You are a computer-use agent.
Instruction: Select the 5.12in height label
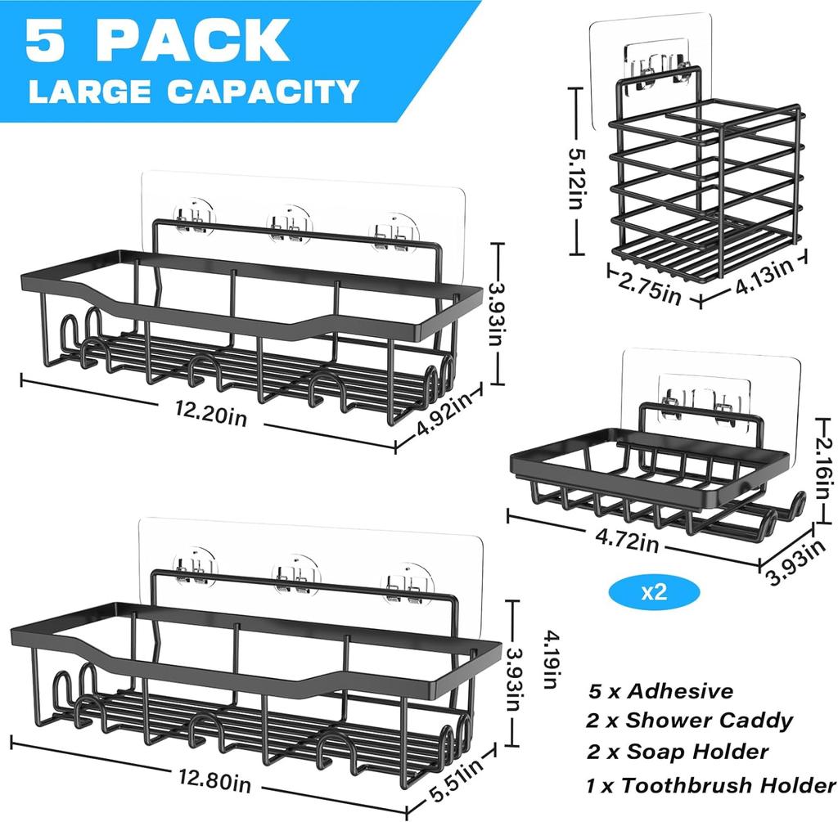(x=576, y=177)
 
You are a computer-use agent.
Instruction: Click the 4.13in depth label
(x=764, y=277)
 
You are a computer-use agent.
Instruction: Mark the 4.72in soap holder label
(x=627, y=540)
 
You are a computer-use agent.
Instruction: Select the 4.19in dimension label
(x=551, y=660)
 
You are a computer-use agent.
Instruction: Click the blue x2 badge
(x=654, y=592)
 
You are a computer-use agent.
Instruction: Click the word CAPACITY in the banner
(x=263, y=92)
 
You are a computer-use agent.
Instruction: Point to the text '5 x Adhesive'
(x=661, y=691)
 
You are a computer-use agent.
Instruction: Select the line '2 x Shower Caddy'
(x=689, y=721)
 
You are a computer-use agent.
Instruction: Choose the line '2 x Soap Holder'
(x=678, y=752)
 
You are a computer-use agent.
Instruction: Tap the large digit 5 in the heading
(x=47, y=41)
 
